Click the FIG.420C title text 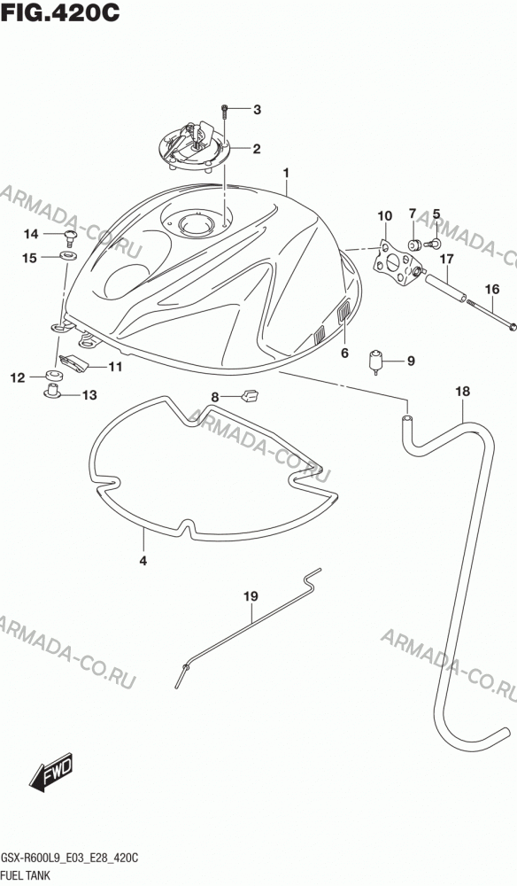click(60, 13)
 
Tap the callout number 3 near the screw click(258, 110)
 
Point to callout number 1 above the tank click(286, 173)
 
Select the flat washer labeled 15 click(69, 257)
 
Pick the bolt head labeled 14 click(70, 237)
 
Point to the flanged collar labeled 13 click(53, 390)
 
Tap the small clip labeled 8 click(249, 394)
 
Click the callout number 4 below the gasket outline click(143, 561)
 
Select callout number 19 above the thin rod click(251, 595)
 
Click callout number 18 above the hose click(462, 391)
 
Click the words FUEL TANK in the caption click(27, 876)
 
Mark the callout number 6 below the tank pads click(344, 354)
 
